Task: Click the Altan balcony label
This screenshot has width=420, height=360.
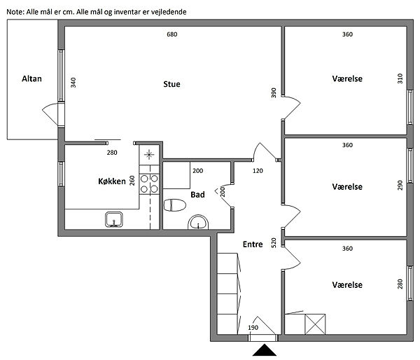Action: pyautogui.click(x=31, y=79)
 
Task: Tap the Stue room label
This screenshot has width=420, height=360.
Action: pyautogui.click(x=171, y=84)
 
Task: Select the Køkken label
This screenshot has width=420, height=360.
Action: pyautogui.click(x=112, y=181)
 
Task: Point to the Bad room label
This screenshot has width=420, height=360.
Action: pyautogui.click(x=197, y=195)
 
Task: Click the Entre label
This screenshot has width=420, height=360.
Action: pyautogui.click(x=253, y=244)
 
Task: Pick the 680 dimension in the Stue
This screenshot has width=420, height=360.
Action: pyautogui.click(x=172, y=34)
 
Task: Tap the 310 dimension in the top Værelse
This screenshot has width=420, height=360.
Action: pyautogui.click(x=400, y=78)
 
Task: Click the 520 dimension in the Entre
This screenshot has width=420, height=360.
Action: pyautogui.click(x=274, y=242)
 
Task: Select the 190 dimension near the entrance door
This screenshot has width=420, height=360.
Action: pyautogui.click(x=253, y=328)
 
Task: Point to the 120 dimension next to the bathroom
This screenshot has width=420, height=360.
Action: pyautogui.click(x=258, y=171)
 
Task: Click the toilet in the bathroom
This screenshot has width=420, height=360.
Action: pyautogui.click(x=174, y=205)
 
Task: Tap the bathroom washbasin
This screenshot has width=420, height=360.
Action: pyautogui.click(x=198, y=223)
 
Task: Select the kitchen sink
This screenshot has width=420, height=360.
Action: pyautogui.click(x=114, y=219)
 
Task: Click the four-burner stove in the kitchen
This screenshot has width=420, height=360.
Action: pyautogui.click(x=149, y=184)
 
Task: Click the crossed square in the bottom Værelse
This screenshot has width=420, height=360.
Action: pyautogui.click(x=315, y=324)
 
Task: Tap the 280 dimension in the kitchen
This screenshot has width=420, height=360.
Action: pyautogui.click(x=112, y=153)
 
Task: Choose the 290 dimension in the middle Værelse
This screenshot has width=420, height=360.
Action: pyautogui.click(x=400, y=186)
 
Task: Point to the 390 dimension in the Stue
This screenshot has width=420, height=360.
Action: pyautogui.click(x=274, y=92)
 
